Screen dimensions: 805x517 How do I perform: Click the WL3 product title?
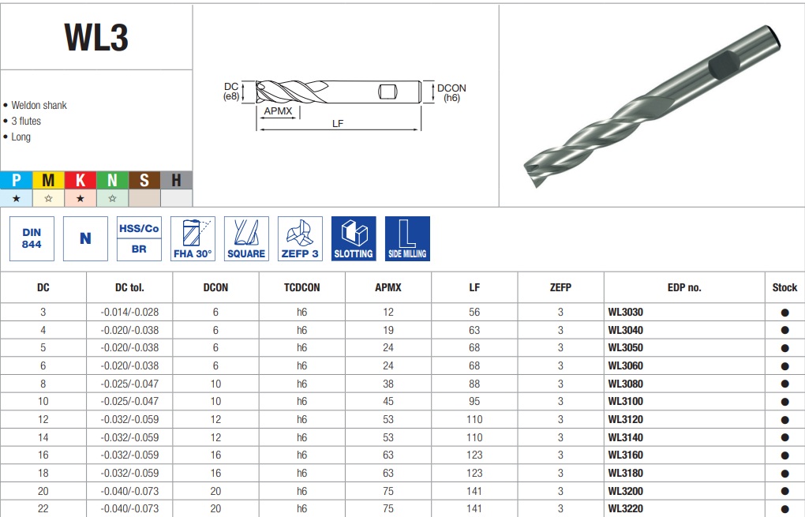(96, 37)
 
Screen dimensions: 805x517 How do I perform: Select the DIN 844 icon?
(32, 238)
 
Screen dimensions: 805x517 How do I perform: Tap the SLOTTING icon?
(354, 238)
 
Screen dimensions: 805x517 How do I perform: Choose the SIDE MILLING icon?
(407, 238)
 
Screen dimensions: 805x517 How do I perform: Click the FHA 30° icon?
(193, 238)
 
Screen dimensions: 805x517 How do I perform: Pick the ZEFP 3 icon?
(301, 238)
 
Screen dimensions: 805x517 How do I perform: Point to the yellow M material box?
(48, 180)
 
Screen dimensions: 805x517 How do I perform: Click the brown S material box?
(144, 180)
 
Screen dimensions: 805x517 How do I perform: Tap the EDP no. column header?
(683, 287)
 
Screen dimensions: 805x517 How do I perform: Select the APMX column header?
(388, 287)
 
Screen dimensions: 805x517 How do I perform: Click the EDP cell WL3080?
(625, 384)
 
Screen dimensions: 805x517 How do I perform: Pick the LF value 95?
(474, 402)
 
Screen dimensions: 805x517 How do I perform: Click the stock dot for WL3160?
(784, 455)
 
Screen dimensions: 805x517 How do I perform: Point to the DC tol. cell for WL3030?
(129, 312)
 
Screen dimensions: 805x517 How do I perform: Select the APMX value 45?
(388, 402)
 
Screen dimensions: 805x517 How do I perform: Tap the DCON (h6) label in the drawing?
(451, 93)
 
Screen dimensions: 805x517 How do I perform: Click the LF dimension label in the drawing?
(337, 123)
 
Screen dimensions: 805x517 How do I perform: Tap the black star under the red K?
(80, 198)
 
